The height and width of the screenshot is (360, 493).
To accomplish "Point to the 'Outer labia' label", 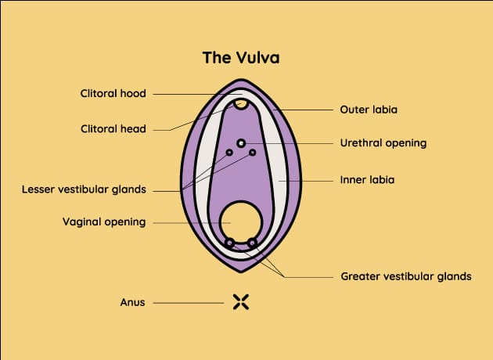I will (369, 110).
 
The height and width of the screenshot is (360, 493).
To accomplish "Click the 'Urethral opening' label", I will (383, 143).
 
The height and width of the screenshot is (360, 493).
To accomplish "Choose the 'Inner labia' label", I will (367, 179).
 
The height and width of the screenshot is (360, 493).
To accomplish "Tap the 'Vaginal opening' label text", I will (104, 221).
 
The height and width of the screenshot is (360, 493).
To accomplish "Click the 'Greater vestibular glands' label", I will (416, 276).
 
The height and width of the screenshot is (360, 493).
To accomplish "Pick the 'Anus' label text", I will (132, 301).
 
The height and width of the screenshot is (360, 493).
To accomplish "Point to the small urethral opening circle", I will (241, 142).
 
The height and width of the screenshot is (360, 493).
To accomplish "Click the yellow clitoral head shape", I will (242, 103).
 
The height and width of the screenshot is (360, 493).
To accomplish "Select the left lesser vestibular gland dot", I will (229, 152).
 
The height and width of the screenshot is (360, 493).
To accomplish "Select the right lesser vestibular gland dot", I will (253, 152).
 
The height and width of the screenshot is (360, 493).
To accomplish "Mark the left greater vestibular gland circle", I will (229, 243).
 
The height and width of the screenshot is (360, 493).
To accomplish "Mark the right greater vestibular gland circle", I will (253, 243).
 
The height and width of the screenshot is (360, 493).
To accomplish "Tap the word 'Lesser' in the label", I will (41, 189).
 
